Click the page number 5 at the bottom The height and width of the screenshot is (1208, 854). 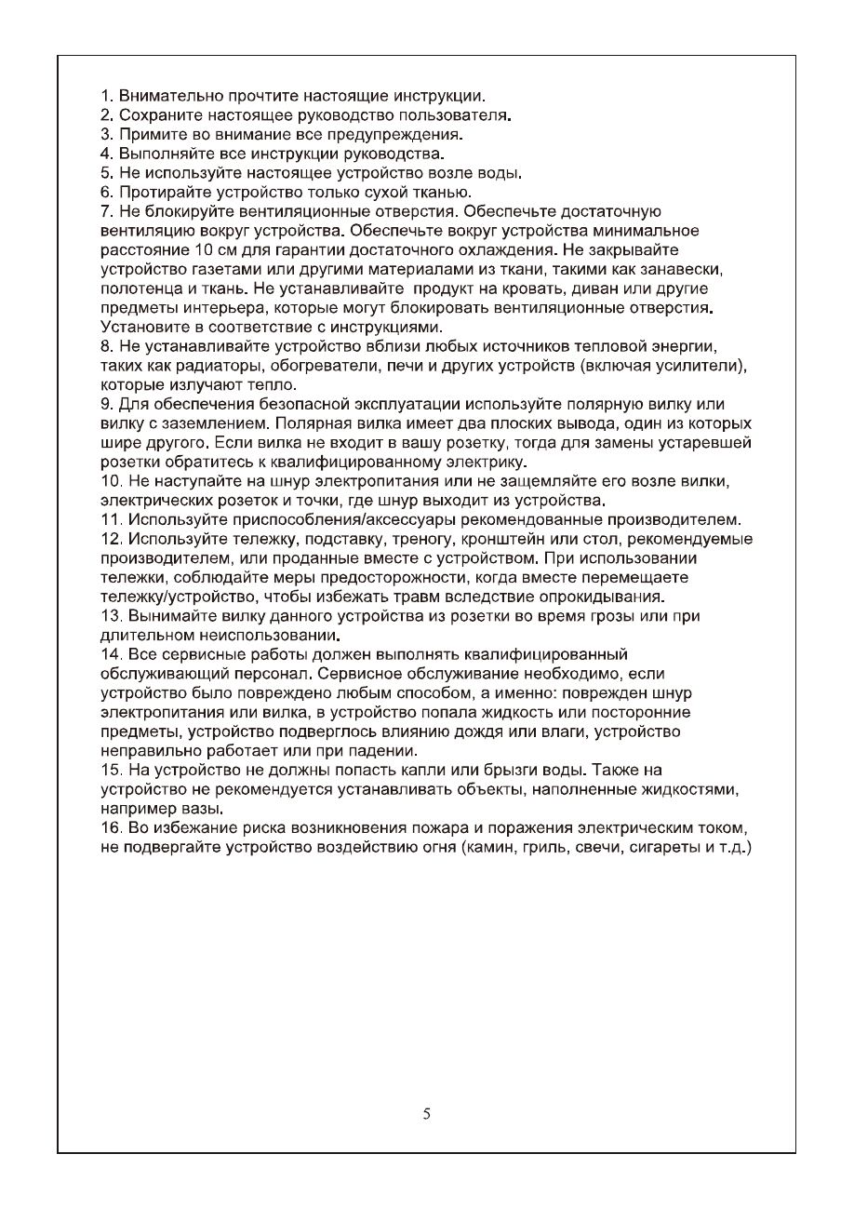(x=426, y=1113)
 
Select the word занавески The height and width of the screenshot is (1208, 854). (x=686, y=270)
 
